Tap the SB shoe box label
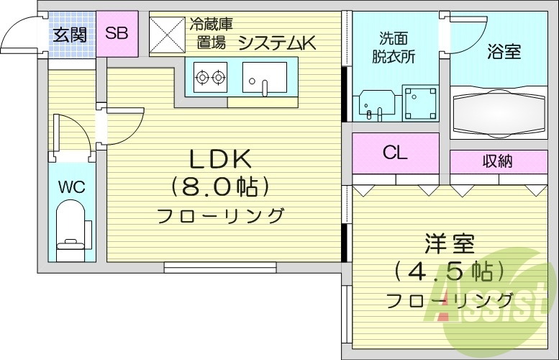click(117, 33)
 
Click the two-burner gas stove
click(210, 76)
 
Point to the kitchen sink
click(263, 77)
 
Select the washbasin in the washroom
click(375, 105)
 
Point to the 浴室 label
click(504, 52)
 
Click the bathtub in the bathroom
click(498, 112)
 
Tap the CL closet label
click(395, 153)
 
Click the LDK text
click(219, 158)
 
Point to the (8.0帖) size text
click(219, 186)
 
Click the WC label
click(71, 188)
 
